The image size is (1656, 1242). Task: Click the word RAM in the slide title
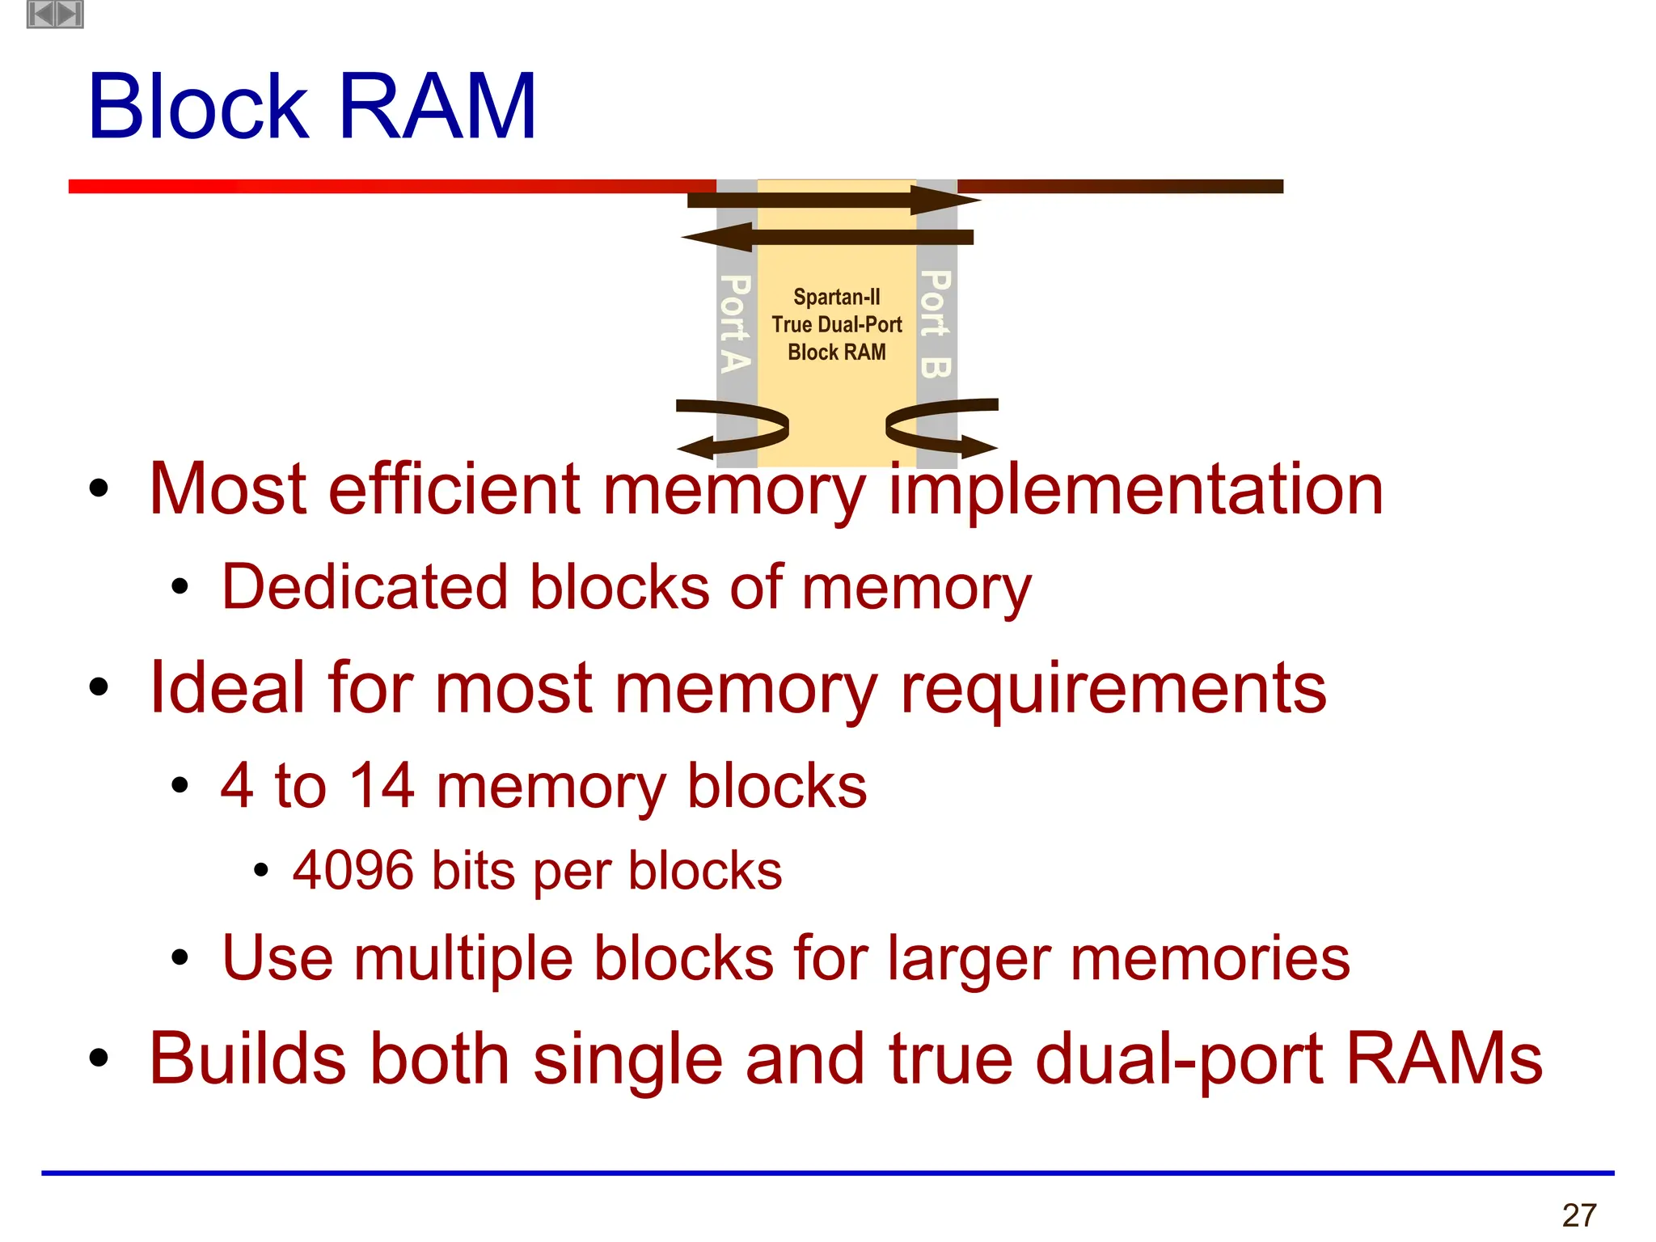[437, 107]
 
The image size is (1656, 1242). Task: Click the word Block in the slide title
[198, 107]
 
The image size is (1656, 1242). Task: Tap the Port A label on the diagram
[735, 323]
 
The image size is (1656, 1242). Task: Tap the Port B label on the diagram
[936, 323]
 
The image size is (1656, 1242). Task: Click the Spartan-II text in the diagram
[836, 298]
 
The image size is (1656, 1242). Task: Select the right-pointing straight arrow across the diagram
[833, 199]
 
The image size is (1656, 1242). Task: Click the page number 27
[1579, 1215]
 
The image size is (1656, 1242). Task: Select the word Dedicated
[365, 587]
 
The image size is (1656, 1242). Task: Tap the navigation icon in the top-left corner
[55, 14]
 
